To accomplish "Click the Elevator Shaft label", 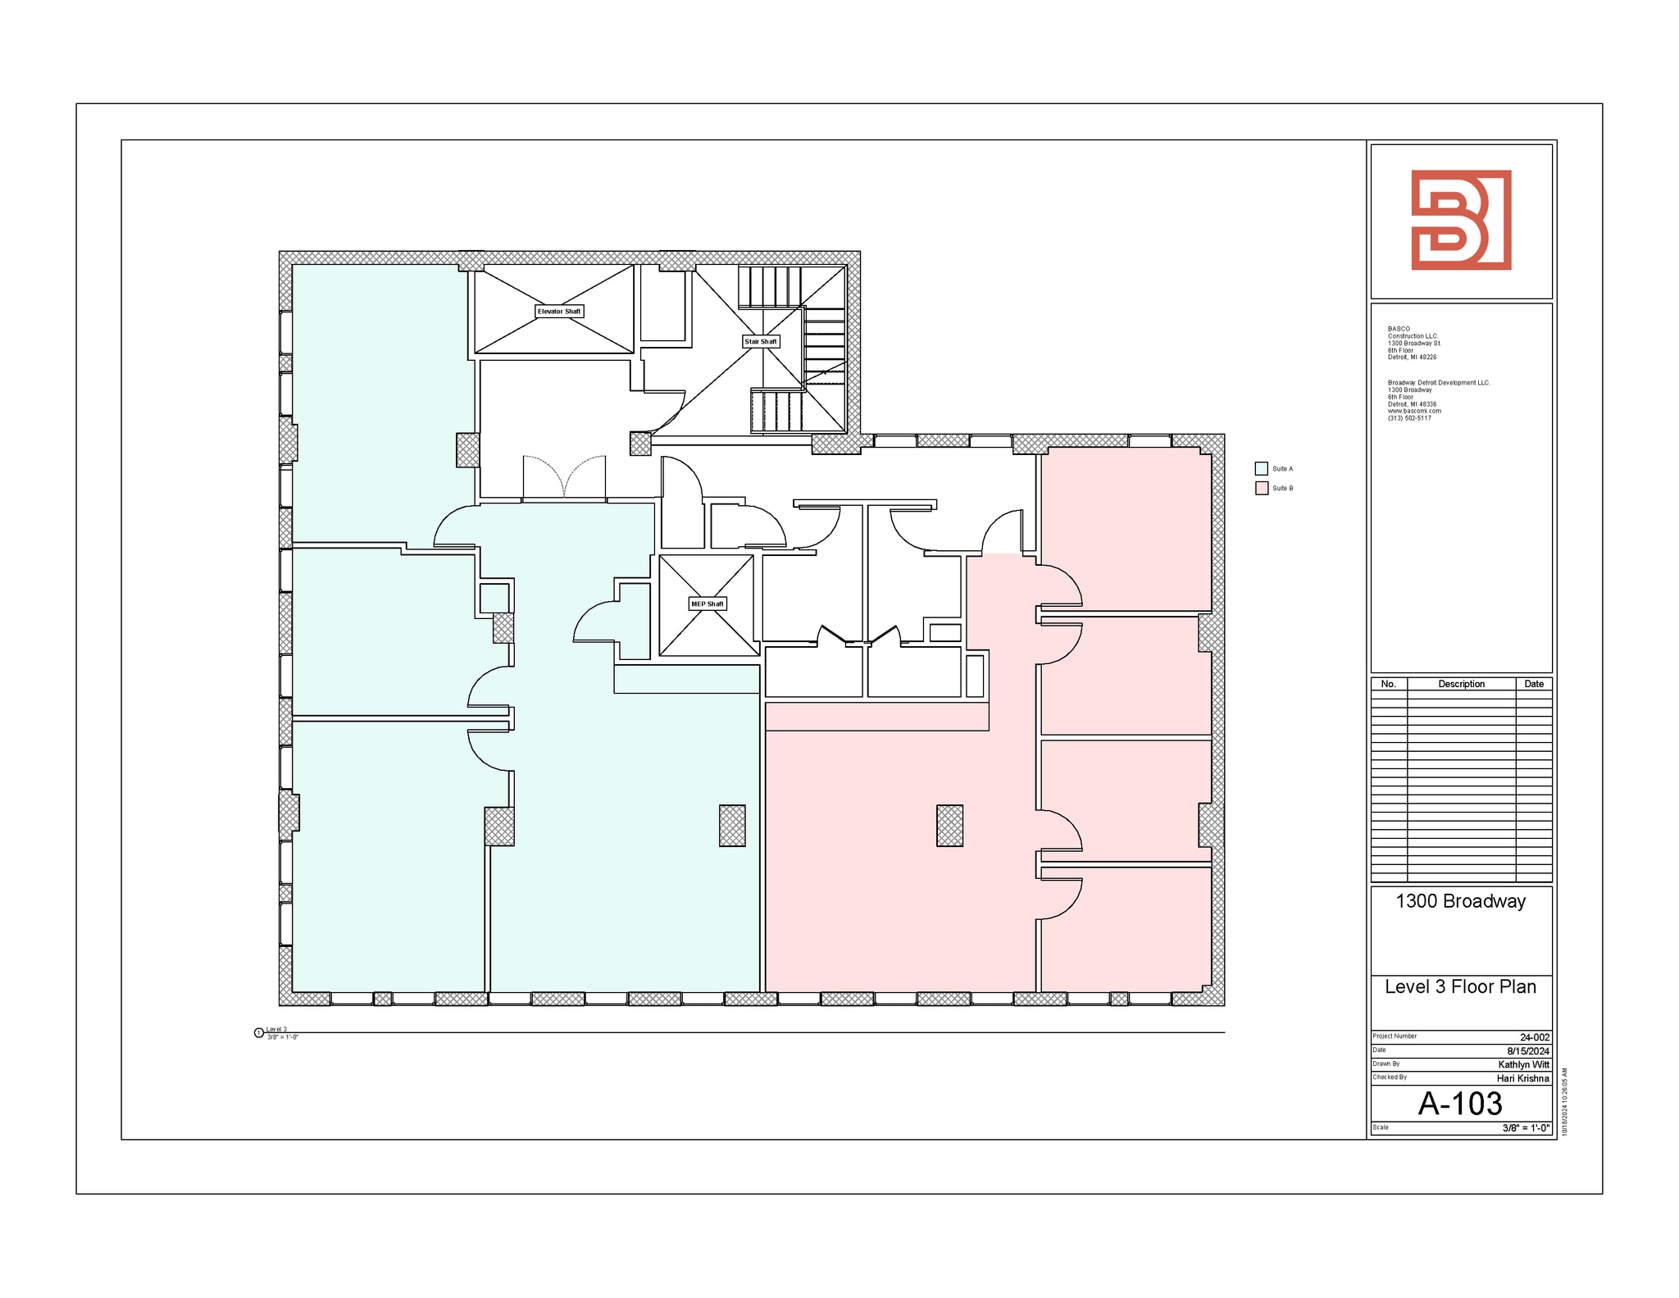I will click(x=559, y=312).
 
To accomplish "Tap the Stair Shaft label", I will click(x=760, y=341).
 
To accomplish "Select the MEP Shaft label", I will click(x=707, y=604).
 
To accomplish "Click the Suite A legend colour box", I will click(x=1261, y=469).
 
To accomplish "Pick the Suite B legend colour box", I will click(x=1261, y=489).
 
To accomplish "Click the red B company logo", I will click(x=1461, y=220).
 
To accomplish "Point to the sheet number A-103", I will click(x=1460, y=1104).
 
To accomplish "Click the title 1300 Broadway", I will click(x=1460, y=901).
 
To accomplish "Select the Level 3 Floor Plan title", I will click(x=1460, y=986).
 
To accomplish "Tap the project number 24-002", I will click(x=1535, y=1037).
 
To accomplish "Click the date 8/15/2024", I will click(x=1528, y=1051).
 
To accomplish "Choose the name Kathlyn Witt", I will click(x=1523, y=1064).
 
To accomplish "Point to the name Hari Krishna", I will click(x=1522, y=1078).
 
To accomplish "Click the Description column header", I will click(x=1461, y=684).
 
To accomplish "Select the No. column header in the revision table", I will click(x=1388, y=684).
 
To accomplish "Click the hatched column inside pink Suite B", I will click(x=949, y=825).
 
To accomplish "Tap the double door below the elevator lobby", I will click(x=564, y=479).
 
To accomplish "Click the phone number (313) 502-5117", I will click(x=1409, y=418).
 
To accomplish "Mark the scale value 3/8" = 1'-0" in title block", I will click(x=1525, y=1128).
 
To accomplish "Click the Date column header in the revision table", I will click(x=1533, y=684).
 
